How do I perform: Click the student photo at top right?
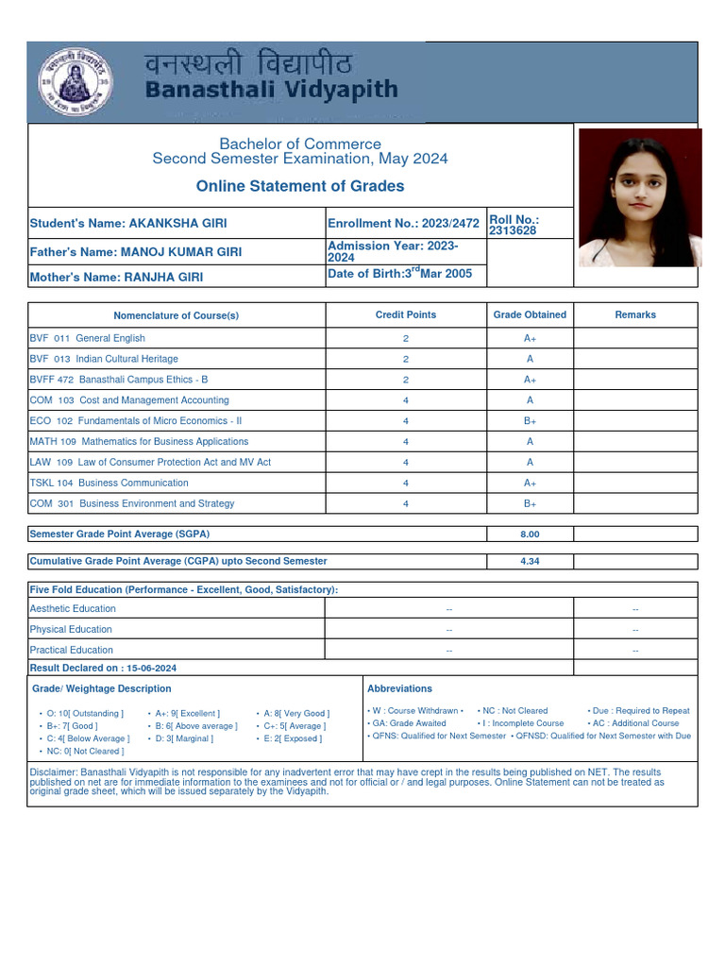[639, 198]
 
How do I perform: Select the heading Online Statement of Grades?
[300, 186]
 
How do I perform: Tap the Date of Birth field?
[399, 274]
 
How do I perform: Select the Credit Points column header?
[406, 314]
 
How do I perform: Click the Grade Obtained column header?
[530, 314]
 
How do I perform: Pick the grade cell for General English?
[530, 338]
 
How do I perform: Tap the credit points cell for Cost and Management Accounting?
[406, 400]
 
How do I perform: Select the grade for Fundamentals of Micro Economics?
[530, 421]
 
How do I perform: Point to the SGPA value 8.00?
[530, 534]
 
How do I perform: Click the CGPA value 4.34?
[530, 561]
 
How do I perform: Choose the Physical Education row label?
[71, 629]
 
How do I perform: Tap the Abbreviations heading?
[399, 689]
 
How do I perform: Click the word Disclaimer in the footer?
[54, 772]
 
